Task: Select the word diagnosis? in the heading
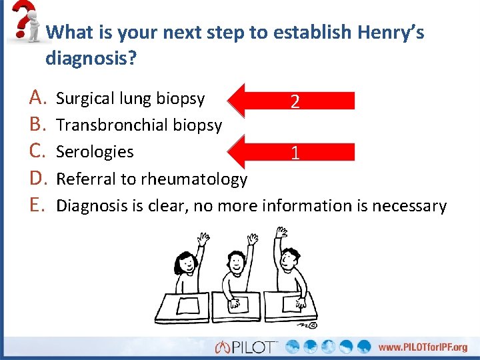click(x=91, y=59)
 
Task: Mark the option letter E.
click(x=38, y=205)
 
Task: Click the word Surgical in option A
click(x=85, y=99)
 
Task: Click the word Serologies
click(x=95, y=152)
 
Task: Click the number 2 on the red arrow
click(x=295, y=101)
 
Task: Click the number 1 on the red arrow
click(x=294, y=153)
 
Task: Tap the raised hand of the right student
click(x=282, y=233)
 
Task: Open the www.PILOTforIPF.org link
click(x=423, y=347)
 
